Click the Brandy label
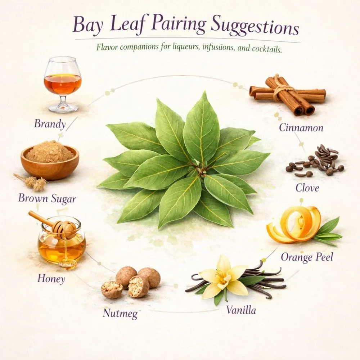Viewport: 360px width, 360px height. [x=50, y=124]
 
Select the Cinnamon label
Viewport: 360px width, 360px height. [x=301, y=128]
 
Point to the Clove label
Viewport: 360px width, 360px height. [x=307, y=187]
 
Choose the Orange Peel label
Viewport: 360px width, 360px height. [x=307, y=257]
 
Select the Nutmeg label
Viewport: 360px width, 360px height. [x=120, y=313]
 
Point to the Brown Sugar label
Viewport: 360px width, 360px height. [x=47, y=199]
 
